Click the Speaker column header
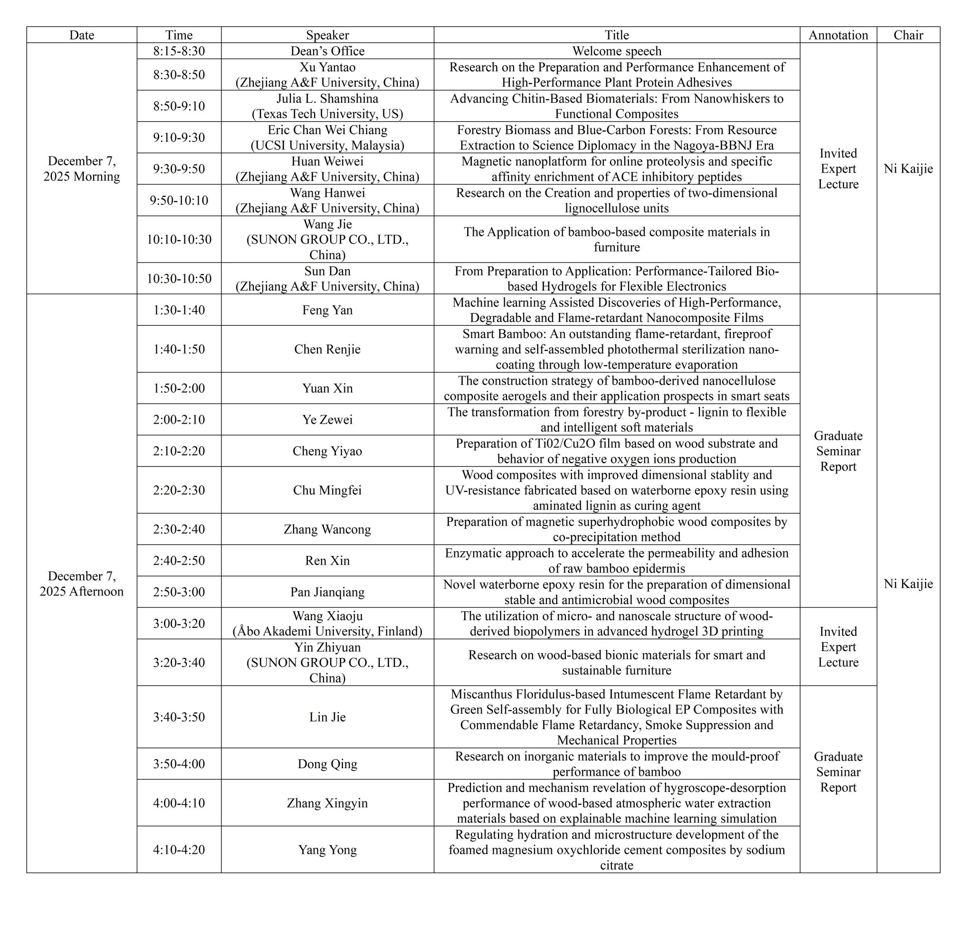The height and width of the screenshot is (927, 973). (x=327, y=35)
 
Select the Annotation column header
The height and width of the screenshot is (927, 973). (x=838, y=35)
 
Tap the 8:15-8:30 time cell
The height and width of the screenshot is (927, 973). (x=179, y=51)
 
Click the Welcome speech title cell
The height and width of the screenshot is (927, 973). (x=617, y=51)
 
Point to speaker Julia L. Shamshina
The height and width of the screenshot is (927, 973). (x=327, y=98)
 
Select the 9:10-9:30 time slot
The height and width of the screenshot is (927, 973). (x=179, y=137)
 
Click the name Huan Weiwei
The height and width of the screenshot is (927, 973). (x=327, y=161)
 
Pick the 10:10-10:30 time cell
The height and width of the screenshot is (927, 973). (x=179, y=240)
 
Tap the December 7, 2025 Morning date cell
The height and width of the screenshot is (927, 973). (x=81, y=168)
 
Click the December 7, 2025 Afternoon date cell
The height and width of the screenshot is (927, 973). (x=81, y=584)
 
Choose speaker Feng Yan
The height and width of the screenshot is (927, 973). (x=327, y=310)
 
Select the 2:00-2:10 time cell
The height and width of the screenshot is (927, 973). (x=179, y=420)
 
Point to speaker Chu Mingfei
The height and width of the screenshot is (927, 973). (x=327, y=490)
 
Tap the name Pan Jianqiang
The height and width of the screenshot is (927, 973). (x=327, y=592)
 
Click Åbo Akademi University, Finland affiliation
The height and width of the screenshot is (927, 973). (x=327, y=632)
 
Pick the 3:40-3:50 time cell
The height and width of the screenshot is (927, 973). (x=179, y=717)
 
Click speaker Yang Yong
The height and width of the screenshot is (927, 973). (x=327, y=850)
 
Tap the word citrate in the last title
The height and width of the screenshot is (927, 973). (x=617, y=865)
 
